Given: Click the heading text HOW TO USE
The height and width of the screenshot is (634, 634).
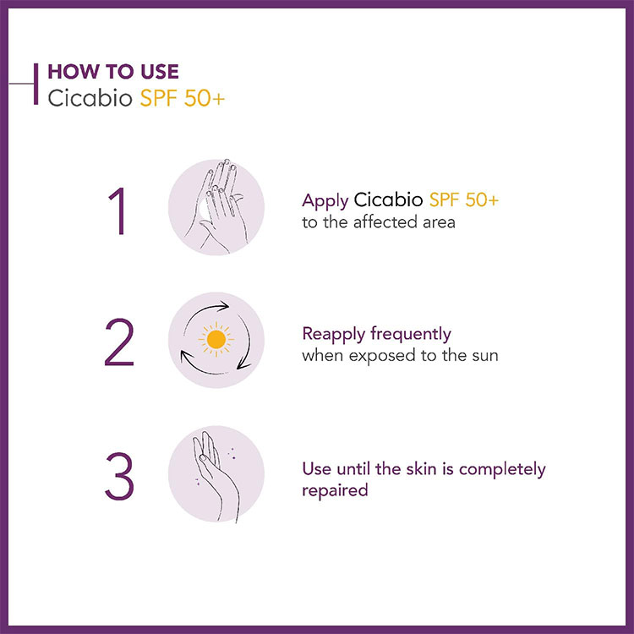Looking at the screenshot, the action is pos(113,72).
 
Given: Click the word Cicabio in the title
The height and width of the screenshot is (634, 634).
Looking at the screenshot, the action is pos(90,98).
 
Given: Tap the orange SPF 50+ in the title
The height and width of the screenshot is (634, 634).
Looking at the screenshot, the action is pos(182,98).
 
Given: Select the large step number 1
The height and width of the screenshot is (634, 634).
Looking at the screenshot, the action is pos(118,210).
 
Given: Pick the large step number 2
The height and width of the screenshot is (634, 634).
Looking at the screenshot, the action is pos(119,342).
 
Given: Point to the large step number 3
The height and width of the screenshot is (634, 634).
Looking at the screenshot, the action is pos(119,476).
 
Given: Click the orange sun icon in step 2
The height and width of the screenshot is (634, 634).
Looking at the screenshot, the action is pos(216,339).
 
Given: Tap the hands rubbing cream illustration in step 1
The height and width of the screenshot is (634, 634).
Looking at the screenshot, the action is pos(216,206).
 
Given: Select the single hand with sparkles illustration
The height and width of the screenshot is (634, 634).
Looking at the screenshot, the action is pos(216,476).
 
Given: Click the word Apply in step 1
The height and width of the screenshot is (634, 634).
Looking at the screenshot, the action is pos(325,201).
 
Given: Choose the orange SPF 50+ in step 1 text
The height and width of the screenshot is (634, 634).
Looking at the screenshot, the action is pos(464,199).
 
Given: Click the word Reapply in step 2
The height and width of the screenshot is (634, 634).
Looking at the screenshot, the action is pos(334,336).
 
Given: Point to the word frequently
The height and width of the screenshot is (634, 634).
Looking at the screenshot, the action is pos(410,335).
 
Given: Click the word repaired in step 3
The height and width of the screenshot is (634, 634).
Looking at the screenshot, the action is pos(335,491).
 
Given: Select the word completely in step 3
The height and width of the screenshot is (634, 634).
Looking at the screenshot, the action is pos(502,470).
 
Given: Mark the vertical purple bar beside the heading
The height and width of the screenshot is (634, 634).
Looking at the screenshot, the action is pos(36,84).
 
